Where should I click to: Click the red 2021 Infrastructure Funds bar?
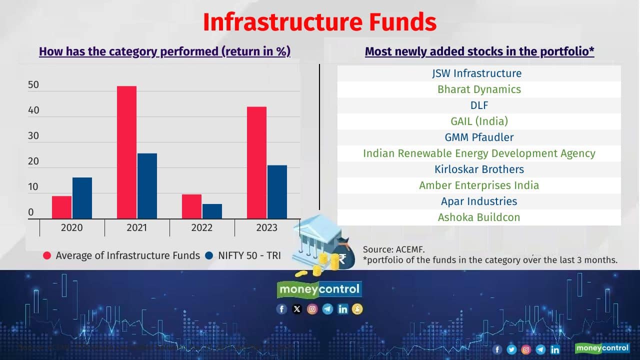point(126,152)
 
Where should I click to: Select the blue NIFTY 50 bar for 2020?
point(82,198)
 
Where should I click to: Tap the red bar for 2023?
point(256,162)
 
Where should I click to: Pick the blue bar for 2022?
point(212,211)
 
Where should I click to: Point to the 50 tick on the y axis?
point(33,85)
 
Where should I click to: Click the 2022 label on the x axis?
point(201,228)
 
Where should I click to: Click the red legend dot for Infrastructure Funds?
point(47,255)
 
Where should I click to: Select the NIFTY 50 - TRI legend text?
point(249,255)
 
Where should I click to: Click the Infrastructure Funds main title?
point(319,22)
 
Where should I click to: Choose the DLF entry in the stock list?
point(479,105)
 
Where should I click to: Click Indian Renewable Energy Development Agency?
point(479,153)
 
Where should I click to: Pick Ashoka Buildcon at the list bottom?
point(479,217)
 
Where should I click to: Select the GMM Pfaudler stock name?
point(479,137)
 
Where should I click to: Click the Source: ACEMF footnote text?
point(394,248)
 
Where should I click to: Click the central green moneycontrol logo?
point(319,289)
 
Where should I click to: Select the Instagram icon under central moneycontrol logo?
point(312,309)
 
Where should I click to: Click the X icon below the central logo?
point(297,309)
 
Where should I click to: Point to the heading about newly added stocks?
point(479,51)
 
